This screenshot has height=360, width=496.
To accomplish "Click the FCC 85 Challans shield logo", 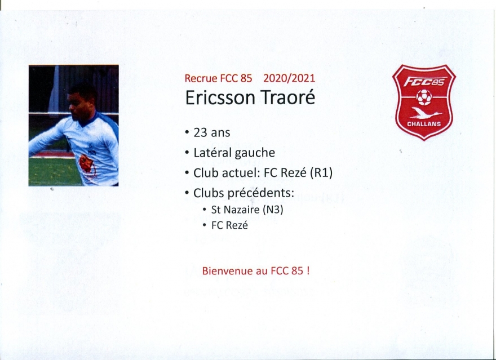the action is click(424, 103).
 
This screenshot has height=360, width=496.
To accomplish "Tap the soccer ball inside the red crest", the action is click(424, 97).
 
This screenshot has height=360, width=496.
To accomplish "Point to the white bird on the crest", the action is click(425, 113).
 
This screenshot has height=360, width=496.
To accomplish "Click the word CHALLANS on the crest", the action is click(424, 124).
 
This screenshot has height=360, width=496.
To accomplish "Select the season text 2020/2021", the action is click(289, 78).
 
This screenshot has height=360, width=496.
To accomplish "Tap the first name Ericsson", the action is click(220, 97).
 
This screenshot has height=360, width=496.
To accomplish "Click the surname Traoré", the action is click(287, 97).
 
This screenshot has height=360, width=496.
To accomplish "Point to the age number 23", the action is click(200, 132).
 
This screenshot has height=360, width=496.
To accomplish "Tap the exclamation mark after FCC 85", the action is click(308, 271).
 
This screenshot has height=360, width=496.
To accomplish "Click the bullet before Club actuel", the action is click(187, 173).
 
